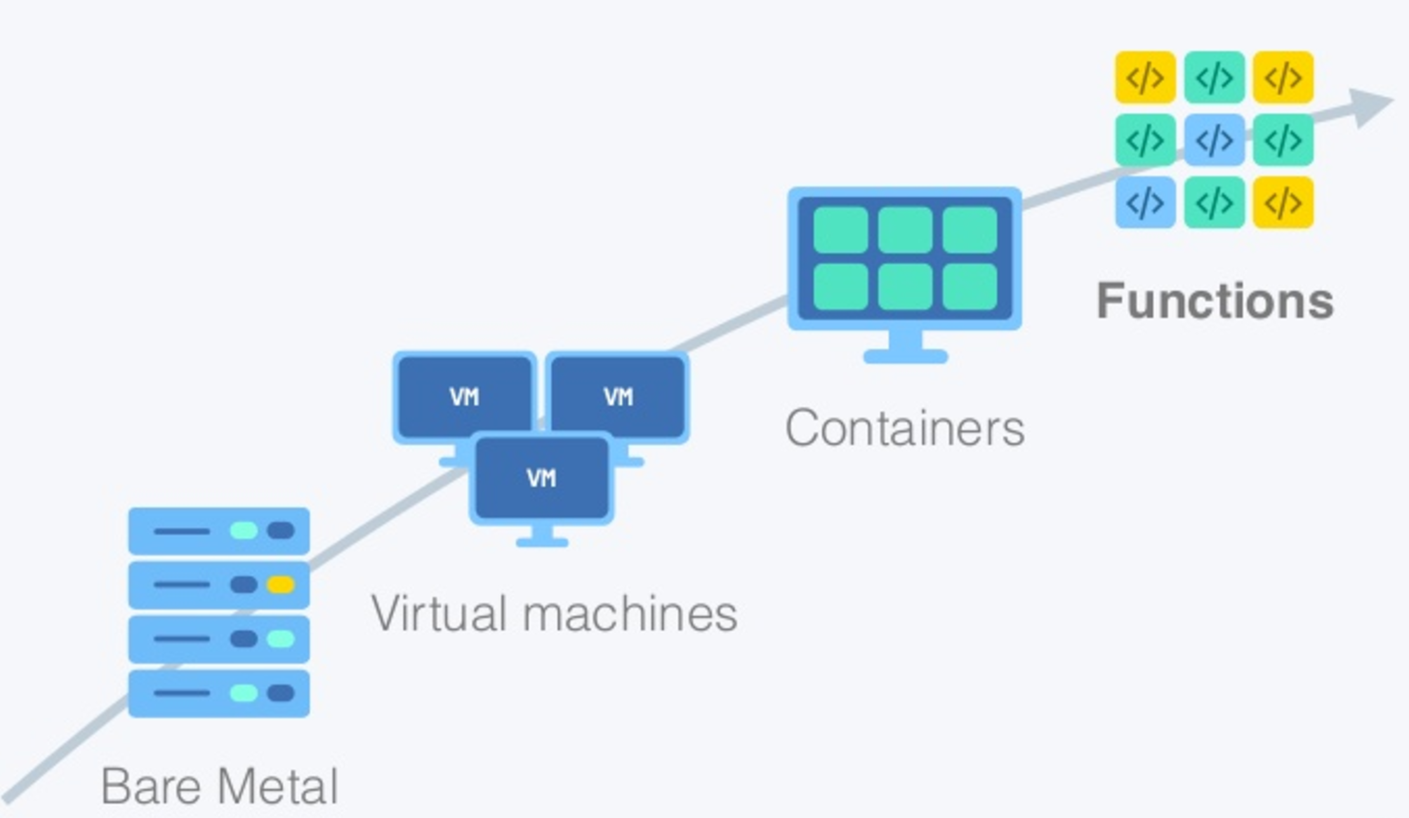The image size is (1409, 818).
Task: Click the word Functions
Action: [x=1215, y=301]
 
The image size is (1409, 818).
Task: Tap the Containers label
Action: [x=905, y=429]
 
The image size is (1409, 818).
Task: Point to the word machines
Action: [x=630, y=615]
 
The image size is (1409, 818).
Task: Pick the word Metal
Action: [x=279, y=787]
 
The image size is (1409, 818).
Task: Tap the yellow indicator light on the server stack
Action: [x=281, y=584]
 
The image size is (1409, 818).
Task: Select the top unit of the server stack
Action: [x=219, y=530]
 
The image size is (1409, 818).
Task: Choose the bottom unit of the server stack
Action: [x=219, y=694]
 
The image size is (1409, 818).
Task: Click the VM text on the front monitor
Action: [x=541, y=478]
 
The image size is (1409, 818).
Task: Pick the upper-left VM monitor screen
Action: [x=464, y=397]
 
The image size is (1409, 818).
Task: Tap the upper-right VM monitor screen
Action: [x=618, y=397]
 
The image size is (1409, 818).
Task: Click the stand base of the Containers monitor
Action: [x=906, y=356]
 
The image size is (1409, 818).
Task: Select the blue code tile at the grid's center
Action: [x=1214, y=140]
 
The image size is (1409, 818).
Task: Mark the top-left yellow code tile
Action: [x=1145, y=77]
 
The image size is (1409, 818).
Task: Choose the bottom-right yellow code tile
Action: [x=1283, y=203]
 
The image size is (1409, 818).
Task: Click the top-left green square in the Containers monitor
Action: [x=841, y=230]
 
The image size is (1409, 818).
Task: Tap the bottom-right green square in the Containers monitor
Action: [x=970, y=287]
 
